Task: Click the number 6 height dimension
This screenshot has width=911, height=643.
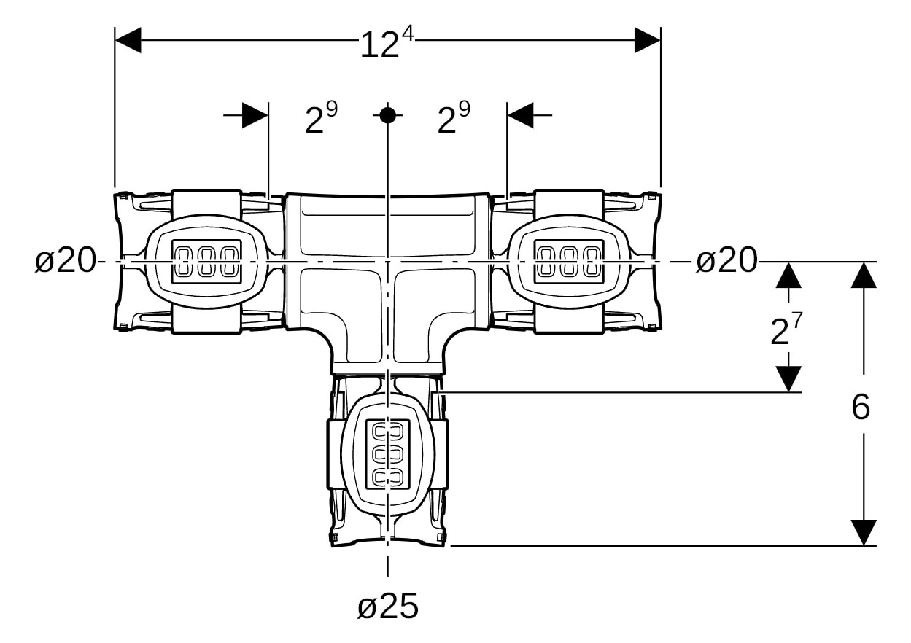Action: pyautogui.click(x=861, y=408)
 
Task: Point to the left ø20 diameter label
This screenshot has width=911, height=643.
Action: pyautogui.click(x=66, y=260)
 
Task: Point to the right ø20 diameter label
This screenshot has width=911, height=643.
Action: pyautogui.click(x=726, y=260)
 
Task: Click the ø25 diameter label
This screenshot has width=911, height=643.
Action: pyautogui.click(x=387, y=606)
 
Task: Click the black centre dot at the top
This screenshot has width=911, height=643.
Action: pyautogui.click(x=387, y=114)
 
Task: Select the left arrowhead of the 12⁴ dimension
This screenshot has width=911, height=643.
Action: pyautogui.click(x=128, y=40)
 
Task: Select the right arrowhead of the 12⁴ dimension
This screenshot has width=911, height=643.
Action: pyautogui.click(x=647, y=40)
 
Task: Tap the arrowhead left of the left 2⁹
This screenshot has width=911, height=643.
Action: pyautogui.click(x=255, y=114)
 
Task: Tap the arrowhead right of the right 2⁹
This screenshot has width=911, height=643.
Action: pyautogui.click(x=520, y=114)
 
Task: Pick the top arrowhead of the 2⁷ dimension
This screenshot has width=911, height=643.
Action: pyautogui.click(x=788, y=275)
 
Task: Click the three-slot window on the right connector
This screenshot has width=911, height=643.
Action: pyautogui.click(x=569, y=261)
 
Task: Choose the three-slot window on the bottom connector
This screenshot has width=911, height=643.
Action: pyautogui.click(x=387, y=453)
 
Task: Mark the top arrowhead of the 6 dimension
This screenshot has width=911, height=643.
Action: pyautogui.click(x=864, y=275)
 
